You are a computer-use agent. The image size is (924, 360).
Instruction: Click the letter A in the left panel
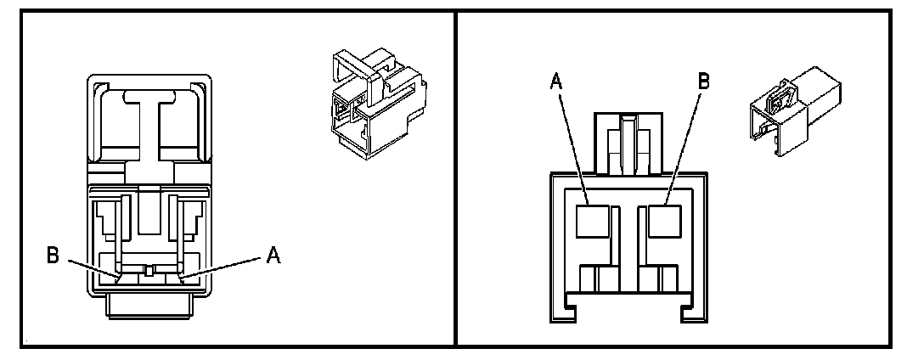273,253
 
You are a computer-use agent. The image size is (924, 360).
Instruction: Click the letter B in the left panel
53,255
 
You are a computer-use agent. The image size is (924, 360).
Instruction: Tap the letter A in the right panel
557,82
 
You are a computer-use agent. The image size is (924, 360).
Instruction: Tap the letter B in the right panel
703,82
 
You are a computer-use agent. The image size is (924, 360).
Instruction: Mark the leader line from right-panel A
573,144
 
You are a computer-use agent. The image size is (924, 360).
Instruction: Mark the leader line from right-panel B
684,144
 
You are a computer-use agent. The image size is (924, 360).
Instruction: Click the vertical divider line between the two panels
456,178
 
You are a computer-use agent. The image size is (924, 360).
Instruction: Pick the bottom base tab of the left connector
149,306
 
